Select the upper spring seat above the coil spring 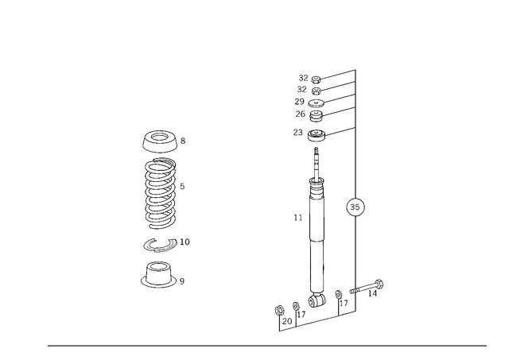click(161, 141)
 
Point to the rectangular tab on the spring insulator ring click(188, 240)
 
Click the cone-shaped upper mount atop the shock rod click(316, 133)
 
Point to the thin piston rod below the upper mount click(317, 163)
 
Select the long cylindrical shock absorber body click(317, 246)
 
